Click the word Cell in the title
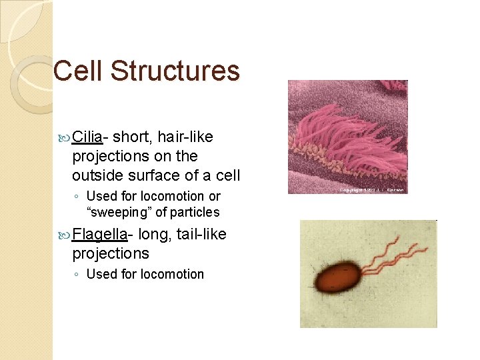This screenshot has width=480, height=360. pos(79,71)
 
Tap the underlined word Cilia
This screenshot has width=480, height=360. pos(87,137)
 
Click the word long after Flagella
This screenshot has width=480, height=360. pos(152,234)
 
